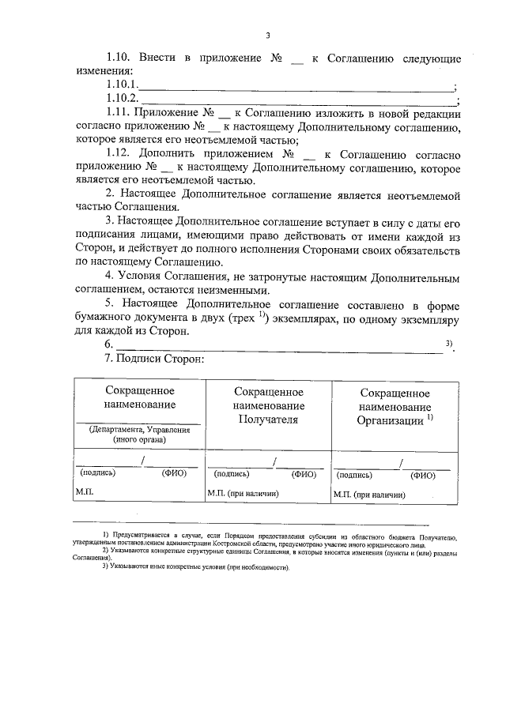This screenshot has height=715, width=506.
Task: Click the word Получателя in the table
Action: coord(268,420)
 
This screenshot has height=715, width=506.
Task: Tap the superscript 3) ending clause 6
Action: coord(448,342)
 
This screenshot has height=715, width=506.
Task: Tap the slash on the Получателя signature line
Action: coord(273,461)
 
